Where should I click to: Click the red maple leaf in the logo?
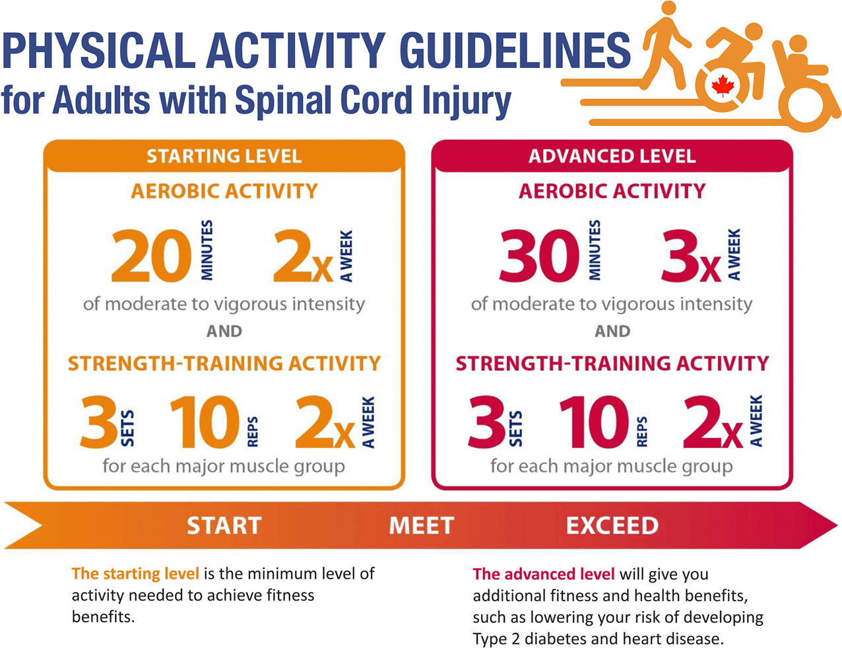coord(723,86)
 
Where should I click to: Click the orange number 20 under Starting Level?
coord(152,255)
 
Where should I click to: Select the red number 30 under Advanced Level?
coord(539,255)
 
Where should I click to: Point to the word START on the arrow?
coord(224,526)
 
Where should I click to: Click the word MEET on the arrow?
coord(421,526)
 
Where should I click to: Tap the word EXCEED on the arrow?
coord(612,526)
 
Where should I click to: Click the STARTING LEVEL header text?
coord(224,156)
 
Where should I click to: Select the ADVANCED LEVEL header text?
coord(612,156)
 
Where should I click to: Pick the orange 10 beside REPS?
coord(205,422)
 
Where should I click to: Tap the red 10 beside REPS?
coord(593,422)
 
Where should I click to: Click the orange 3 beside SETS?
coord(99,422)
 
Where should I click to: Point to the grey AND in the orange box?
coord(224,331)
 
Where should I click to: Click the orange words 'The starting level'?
coord(135,573)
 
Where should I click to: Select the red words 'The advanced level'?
coord(544,574)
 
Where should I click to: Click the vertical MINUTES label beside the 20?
coord(207,250)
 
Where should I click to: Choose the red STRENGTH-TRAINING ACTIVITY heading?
coord(612,364)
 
